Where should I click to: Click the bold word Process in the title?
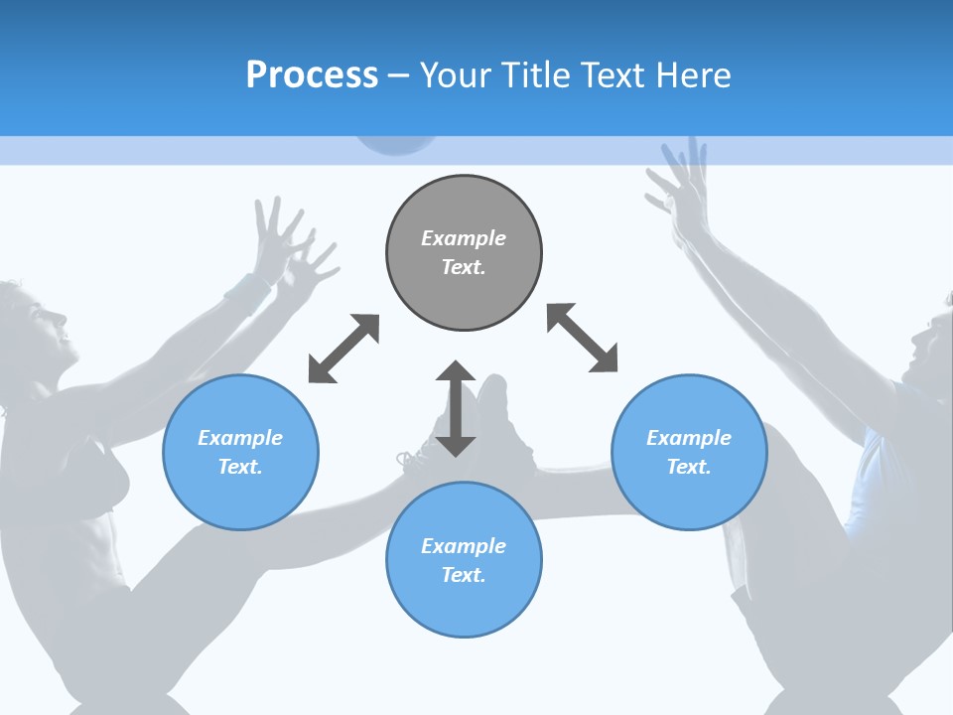tap(312, 75)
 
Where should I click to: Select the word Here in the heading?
tap(693, 75)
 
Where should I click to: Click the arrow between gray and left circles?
tap(343, 349)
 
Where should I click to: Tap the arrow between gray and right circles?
tap(583, 339)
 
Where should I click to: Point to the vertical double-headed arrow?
tap(456, 408)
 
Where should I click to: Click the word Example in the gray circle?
tap(464, 238)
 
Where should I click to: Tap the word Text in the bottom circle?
tap(463, 575)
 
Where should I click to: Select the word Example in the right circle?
tap(689, 438)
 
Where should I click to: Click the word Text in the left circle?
tap(239, 467)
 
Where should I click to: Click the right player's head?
tap(927, 348)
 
